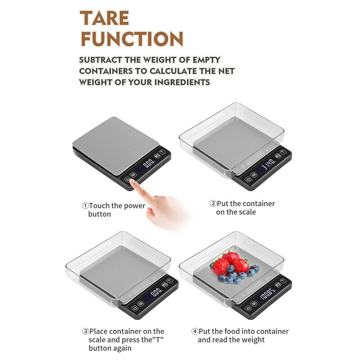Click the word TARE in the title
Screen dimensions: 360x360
(x=104, y=18)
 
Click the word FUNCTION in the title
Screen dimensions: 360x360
(x=132, y=39)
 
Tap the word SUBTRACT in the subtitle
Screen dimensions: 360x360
(x=100, y=60)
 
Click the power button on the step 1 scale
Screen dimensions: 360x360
(x=127, y=179)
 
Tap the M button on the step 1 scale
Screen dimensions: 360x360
(x=133, y=175)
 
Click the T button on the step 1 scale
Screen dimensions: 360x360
(x=162, y=152)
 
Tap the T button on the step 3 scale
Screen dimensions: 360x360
(x=170, y=281)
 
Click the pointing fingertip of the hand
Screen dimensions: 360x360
(x=132, y=181)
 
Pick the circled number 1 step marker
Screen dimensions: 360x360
(x=85, y=206)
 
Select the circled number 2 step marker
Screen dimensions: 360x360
(x=213, y=203)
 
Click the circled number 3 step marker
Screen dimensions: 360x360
(x=85, y=331)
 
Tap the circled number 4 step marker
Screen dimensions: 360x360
(x=195, y=331)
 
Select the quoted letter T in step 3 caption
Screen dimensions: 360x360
(x=158, y=340)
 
